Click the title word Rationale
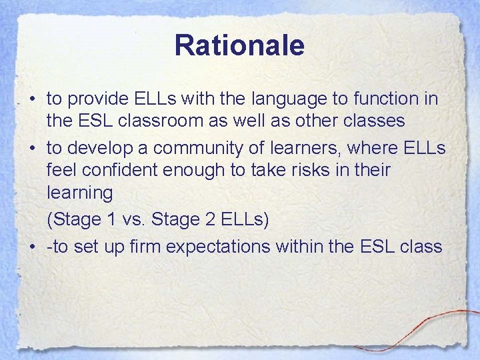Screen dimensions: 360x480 pos(239,46)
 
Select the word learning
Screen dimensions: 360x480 pos(80,193)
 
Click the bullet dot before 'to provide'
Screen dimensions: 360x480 pos(32,100)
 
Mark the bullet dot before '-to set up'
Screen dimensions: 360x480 pos(32,247)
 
